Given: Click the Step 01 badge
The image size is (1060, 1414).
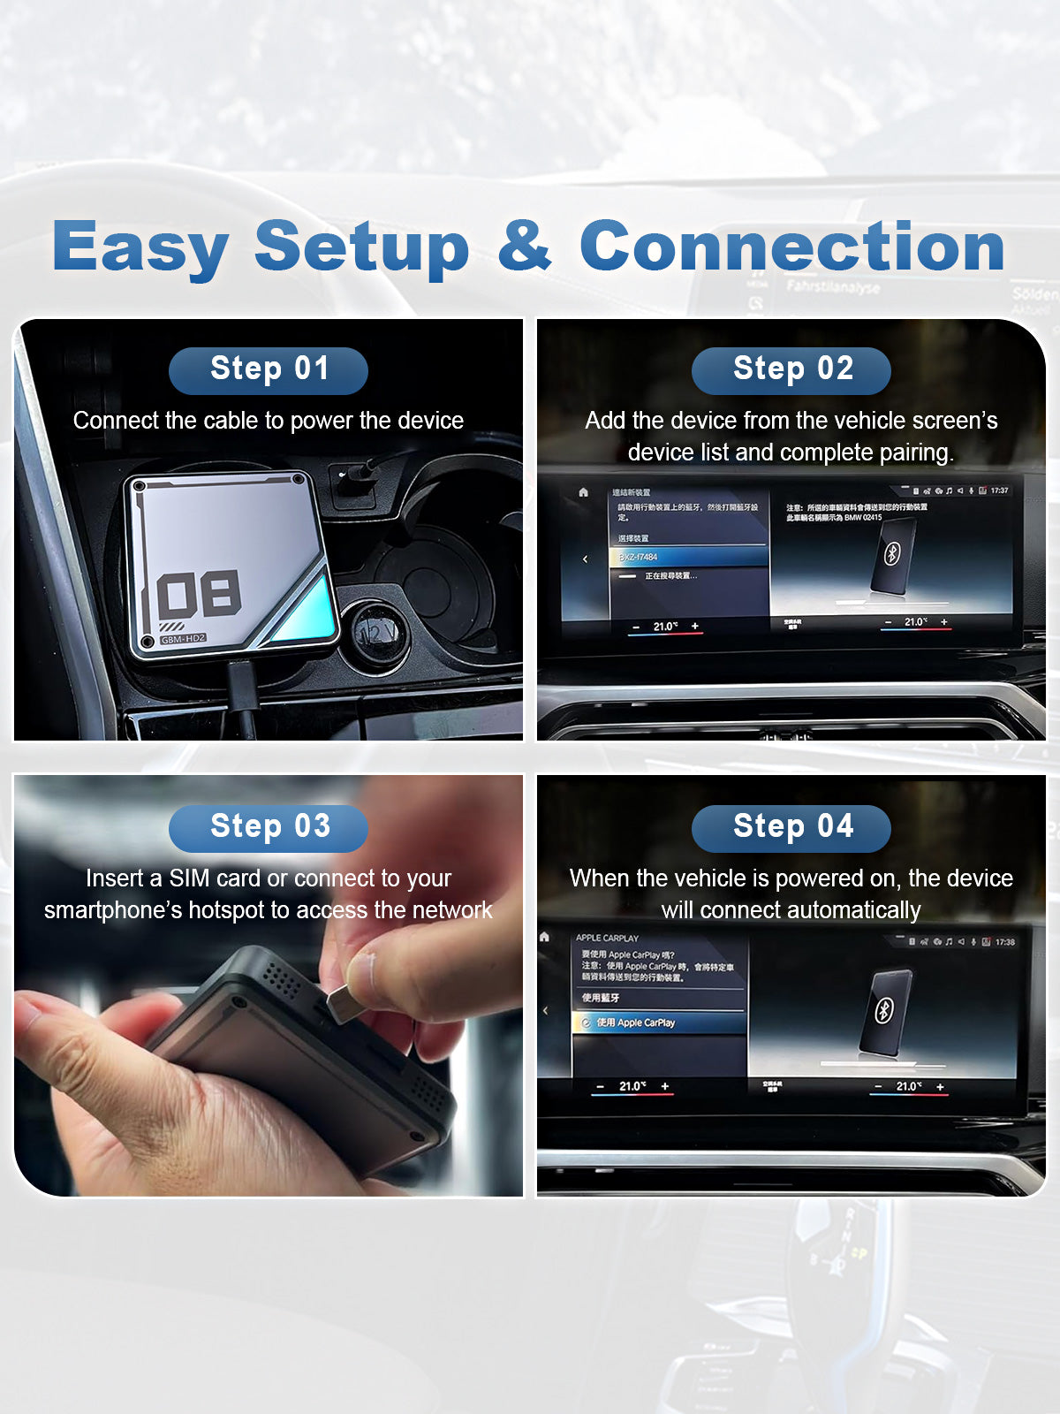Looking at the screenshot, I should point(269,369).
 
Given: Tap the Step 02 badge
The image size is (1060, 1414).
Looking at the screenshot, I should point(791,369).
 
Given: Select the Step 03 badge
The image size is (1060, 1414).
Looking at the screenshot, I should point(269,827).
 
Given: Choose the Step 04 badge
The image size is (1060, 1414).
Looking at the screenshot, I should point(791,827).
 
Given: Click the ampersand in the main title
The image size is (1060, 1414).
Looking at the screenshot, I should point(525,246).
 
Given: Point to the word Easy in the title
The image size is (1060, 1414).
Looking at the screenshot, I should point(141,247).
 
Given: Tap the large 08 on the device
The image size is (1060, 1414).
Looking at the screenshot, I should point(200,594).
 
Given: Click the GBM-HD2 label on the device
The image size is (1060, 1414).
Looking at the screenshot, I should point(184,638).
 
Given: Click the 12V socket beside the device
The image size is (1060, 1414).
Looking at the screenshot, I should point(378,629).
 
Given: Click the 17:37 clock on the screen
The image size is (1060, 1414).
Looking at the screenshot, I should point(999,490).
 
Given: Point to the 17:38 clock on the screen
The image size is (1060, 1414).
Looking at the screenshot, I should point(1004,942).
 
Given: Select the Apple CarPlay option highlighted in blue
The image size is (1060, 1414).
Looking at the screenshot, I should point(658,1022).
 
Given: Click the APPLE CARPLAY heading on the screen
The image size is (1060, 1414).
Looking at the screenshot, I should point(607,938).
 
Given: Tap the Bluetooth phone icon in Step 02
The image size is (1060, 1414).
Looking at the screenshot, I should point(892,554).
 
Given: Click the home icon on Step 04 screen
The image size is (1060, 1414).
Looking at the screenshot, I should point(545,937).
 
